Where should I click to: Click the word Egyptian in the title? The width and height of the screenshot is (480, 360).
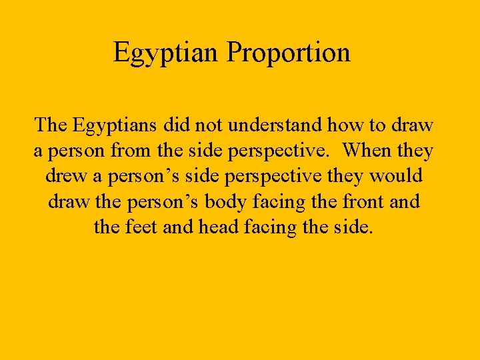click(x=167, y=53)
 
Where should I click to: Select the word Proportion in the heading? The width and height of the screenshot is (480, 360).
click(x=288, y=53)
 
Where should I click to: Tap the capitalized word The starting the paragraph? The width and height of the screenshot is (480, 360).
click(x=51, y=125)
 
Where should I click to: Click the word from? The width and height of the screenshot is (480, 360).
click(x=127, y=151)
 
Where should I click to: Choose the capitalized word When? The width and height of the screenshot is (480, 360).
click(x=369, y=151)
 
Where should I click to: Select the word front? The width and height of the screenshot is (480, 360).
click(x=357, y=202)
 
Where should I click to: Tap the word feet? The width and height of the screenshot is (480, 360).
click(x=143, y=227)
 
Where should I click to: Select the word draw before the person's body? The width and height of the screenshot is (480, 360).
click(x=69, y=202)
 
